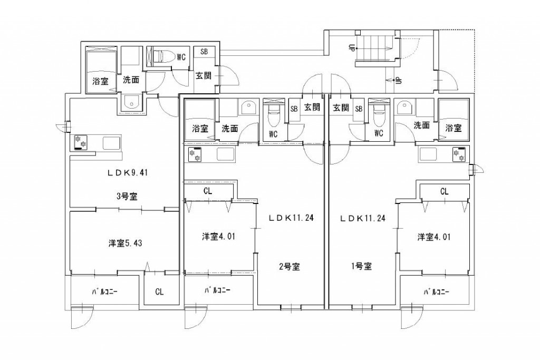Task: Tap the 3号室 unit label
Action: point(127,197)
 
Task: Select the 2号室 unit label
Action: point(290,266)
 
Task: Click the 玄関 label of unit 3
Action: point(204,76)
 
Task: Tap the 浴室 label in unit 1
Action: point(452,128)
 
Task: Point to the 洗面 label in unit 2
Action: point(229,128)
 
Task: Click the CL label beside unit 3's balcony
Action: point(159,291)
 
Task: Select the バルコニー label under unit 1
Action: point(435,291)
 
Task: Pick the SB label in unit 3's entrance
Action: point(203,52)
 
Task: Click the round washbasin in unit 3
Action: point(130,103)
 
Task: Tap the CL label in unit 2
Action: point(208,191)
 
